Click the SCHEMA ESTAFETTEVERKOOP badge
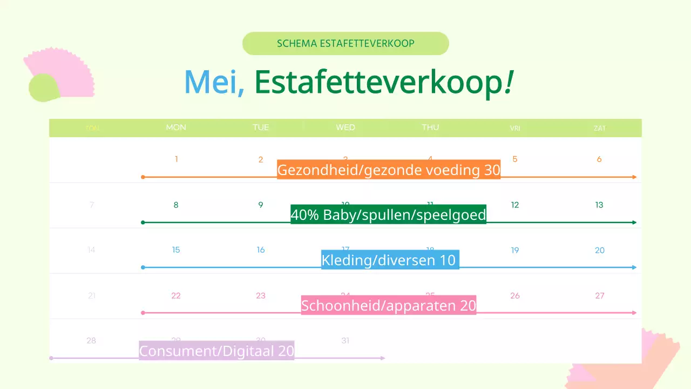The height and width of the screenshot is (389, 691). coord(345,43)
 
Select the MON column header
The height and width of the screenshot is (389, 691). coord(176,128)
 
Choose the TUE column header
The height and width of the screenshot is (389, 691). coord(261,128)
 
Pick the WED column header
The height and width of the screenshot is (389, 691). coord(345,128)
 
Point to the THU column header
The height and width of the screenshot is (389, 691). coord(430,128)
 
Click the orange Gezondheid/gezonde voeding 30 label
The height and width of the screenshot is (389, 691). coord(389,170)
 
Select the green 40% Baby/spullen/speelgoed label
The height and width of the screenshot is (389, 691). coord(389,215)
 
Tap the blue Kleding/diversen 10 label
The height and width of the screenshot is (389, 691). coord(390,260)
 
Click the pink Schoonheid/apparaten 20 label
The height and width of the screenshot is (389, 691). coord(389,306)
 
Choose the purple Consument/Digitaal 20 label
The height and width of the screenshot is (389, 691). coord(216,351)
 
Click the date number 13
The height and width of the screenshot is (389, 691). coord(599,205)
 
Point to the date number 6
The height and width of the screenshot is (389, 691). coord(599,159)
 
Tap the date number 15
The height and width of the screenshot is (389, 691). coord(176,250)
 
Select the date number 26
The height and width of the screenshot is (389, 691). coord(515,296)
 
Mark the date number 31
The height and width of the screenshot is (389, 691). coord(345,340)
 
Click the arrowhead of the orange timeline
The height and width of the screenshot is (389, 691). coord(634,177)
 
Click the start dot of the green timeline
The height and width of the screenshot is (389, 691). coord(143,223)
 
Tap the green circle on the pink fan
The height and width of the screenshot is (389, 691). coord(43,88)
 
